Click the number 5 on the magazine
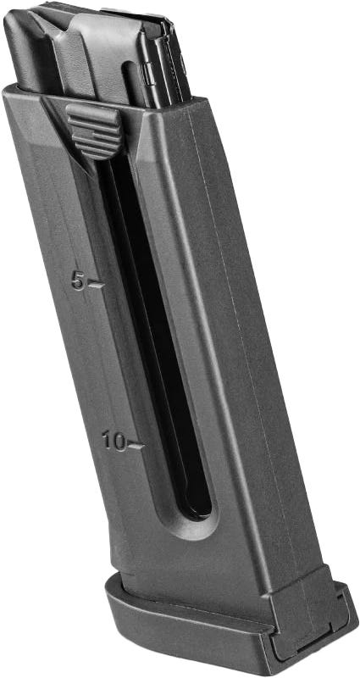(79, 282)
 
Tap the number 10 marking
(114, 442)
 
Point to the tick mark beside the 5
(96, 285)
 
